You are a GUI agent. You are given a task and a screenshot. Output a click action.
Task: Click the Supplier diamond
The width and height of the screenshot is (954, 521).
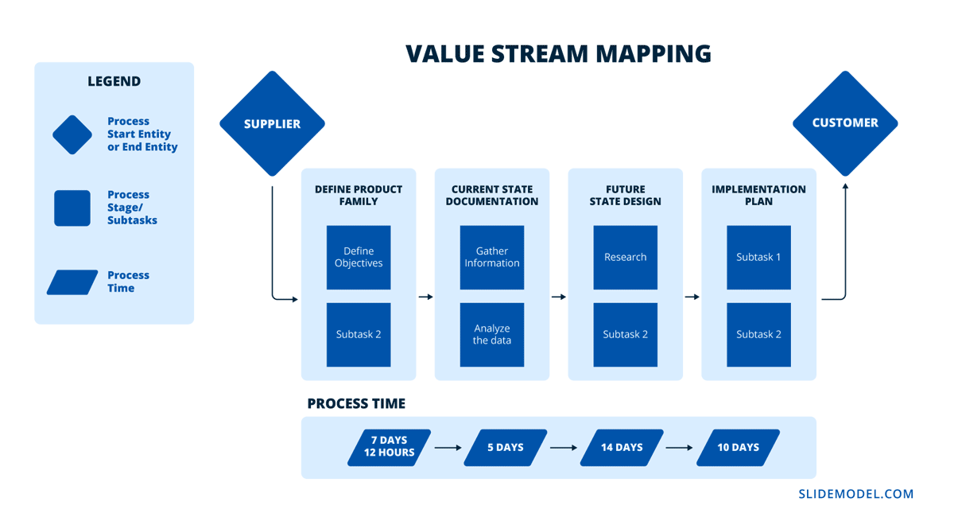[272, 123]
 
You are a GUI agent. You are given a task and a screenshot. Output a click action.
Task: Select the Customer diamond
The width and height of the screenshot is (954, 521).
[845, 123]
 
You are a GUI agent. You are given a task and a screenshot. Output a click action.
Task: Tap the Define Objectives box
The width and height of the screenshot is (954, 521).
[359, 257]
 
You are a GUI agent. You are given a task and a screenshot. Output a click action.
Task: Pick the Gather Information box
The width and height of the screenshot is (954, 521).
[492, 257]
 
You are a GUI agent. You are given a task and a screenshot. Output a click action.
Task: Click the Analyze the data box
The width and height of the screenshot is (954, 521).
[492, 335]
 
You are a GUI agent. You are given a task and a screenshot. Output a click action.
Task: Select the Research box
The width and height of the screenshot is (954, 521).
[626, 257]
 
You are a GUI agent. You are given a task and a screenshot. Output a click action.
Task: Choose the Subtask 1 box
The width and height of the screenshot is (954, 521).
[758, 257]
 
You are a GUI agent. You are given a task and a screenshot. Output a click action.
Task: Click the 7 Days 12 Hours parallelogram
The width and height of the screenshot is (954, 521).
[390, 447]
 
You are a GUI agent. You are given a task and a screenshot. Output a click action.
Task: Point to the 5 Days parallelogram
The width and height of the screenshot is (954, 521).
[506, 447]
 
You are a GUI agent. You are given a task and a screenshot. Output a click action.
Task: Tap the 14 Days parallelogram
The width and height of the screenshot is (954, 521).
[622, 447]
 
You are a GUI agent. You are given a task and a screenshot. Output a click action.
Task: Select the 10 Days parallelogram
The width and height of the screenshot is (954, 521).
[738, 447]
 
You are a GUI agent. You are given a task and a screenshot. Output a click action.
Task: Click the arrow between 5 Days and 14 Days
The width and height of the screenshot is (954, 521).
[564, 447]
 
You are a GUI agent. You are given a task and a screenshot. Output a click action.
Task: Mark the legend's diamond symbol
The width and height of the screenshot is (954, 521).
[72, 135]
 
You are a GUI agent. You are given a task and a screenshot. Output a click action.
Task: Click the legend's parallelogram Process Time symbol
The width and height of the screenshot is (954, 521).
[72, 282]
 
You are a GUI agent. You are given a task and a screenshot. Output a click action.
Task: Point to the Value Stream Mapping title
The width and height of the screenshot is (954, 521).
[558, 53]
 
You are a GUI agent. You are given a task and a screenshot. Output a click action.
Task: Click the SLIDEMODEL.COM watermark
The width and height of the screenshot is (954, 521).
[855, 494]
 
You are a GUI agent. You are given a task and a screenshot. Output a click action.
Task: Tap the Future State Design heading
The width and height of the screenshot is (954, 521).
[626, 196]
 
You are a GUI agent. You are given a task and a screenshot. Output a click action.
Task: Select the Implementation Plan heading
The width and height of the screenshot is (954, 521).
[758, 196]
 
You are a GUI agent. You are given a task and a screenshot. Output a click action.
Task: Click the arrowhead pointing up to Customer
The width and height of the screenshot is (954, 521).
[845, 185]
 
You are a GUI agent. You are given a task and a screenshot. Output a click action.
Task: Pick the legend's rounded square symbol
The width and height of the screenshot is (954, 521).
[72, 208]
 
